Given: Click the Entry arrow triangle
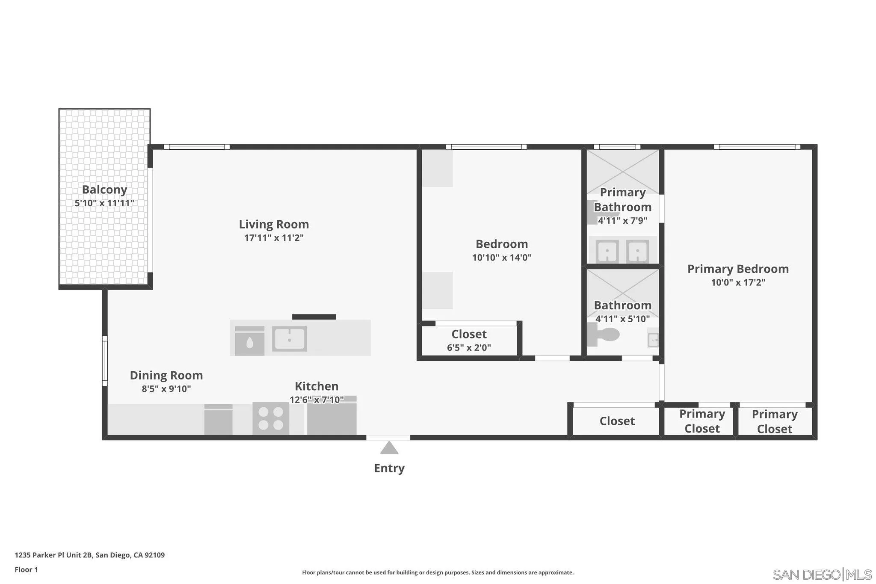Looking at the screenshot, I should [389, 448].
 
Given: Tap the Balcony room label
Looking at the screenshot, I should [104, 190].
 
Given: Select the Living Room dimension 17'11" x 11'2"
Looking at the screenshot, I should [274, 238].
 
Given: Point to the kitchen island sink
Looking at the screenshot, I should [290, 339].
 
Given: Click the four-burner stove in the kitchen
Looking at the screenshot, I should [270, 418].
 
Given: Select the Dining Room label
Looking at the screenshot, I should [166, 375].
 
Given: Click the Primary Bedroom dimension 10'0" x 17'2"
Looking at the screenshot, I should [738, 282].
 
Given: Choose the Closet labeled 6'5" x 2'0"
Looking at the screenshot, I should [469, 341].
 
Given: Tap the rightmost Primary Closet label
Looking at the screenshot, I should [774, 421].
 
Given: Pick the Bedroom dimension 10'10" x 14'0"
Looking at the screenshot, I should [502, 258].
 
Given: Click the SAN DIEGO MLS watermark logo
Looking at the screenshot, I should [822, 574].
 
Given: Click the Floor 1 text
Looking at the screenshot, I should [26, 569].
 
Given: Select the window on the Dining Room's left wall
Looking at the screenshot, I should [104, 361].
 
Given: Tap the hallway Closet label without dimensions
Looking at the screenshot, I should [617, 421].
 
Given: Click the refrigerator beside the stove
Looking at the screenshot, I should [331, 417].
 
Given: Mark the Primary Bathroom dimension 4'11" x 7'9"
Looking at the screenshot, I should [622, 221].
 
